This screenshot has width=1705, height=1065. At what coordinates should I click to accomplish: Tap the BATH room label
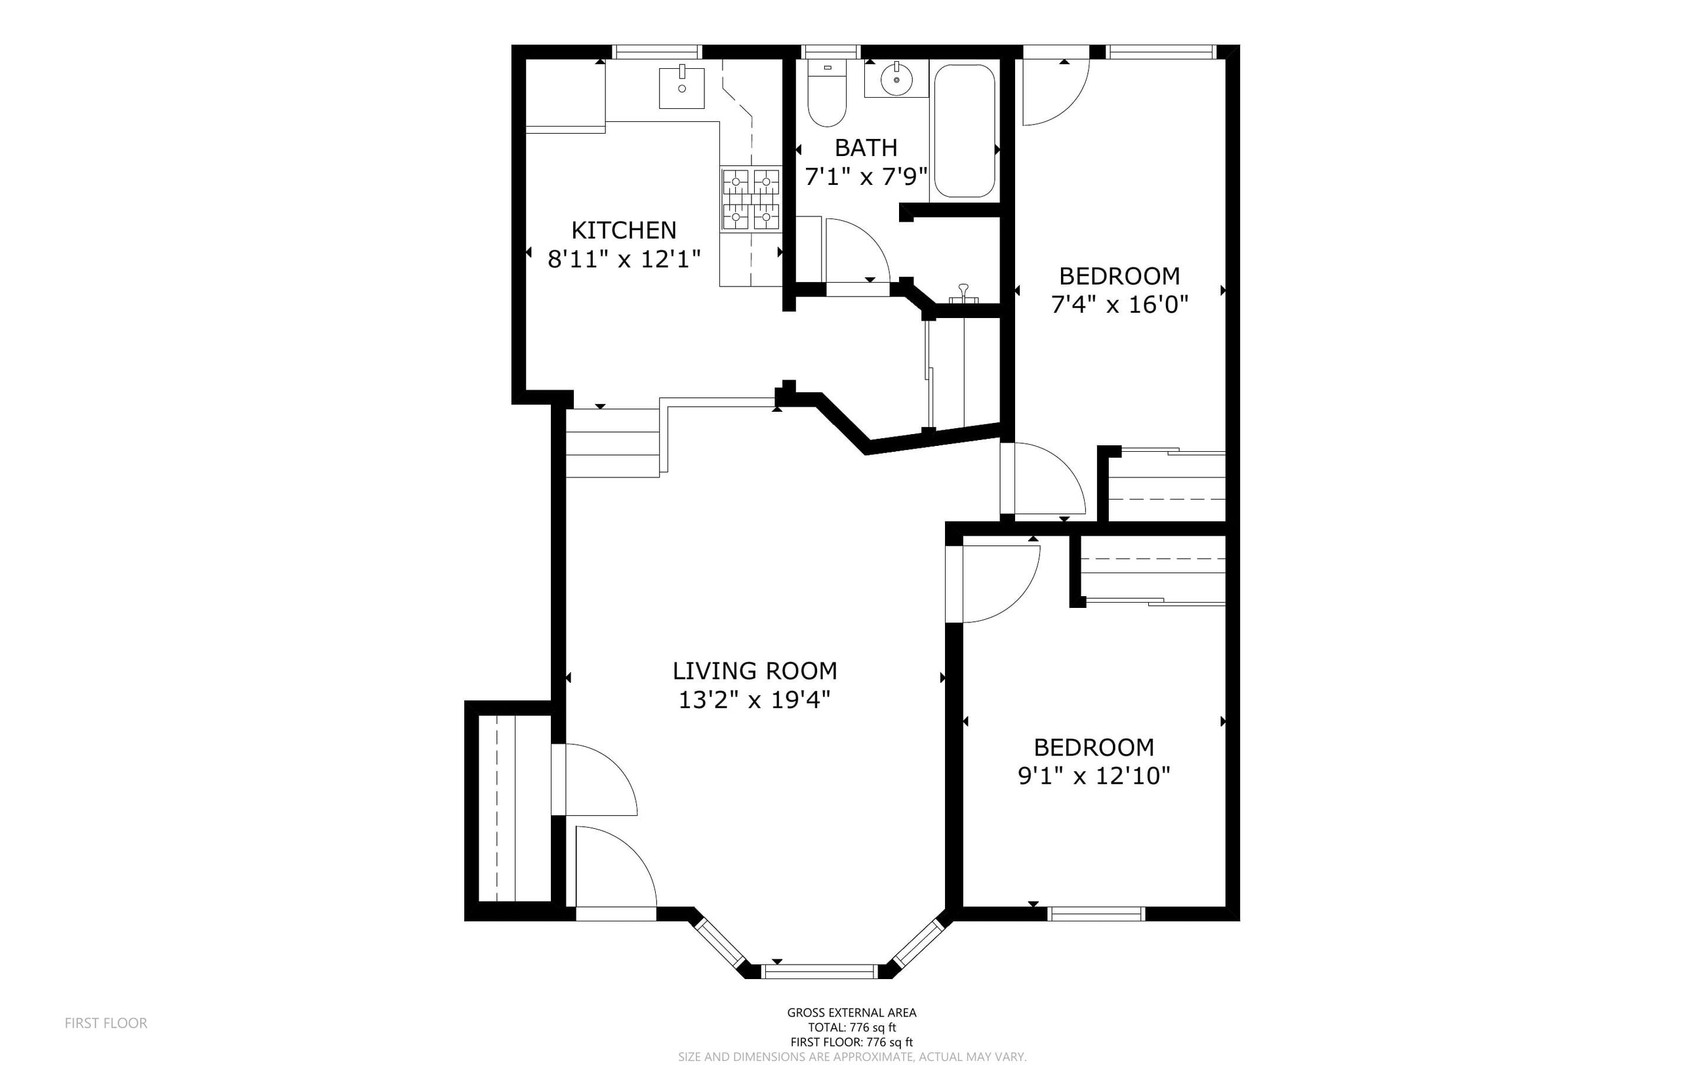pyautogui.click(x=866, y=148)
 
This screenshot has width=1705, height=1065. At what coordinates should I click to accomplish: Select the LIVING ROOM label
pyautogui.click(x=754, y=671)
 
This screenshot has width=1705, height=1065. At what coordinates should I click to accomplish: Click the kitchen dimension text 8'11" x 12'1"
pyautogui.click(x=624, y=259)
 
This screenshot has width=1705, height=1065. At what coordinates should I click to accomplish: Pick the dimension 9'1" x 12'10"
pyautogui.click(x=1094, y=776)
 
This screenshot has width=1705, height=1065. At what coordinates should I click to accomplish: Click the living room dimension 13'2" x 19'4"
pyautogui.click(x=754, y=700)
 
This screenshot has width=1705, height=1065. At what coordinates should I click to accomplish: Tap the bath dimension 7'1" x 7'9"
pyautogui.click(x=866, y=176)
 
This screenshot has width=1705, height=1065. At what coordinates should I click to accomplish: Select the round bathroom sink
pyautogui.click(x=896, y=79)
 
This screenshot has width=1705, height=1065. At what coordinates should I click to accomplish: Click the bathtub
pyautogui.click(x=964, y=131)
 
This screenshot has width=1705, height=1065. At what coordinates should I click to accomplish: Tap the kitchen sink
pyautogui.click(x=682, y=88)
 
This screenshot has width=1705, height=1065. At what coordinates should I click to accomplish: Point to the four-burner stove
pyautogui.click(x=751, y=199)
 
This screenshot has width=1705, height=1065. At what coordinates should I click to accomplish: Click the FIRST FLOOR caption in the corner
pyautogui.click(x=106, y=1023)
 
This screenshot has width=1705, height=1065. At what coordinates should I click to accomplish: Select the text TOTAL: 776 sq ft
pyautogui.click(x=852, y=1028)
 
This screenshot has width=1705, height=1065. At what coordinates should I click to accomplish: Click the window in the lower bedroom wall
pyautogui.click(x=1096, y=914)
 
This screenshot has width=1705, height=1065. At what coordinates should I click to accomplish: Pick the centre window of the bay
pyautogui.click(x=819, y=971)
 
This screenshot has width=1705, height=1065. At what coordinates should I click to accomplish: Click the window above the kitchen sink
pyautogui.click(x=657, y=51)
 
